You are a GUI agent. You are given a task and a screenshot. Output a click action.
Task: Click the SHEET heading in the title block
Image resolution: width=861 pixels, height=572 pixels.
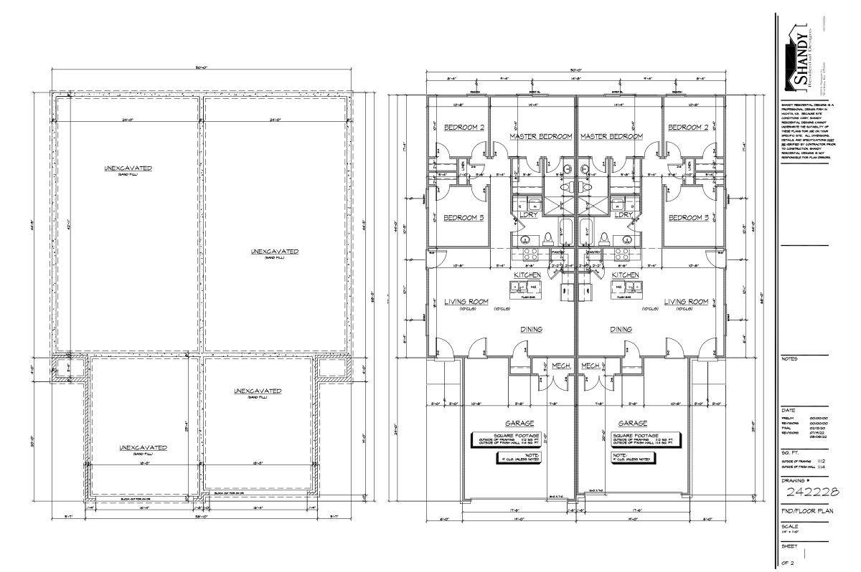pyautogui.click(x=789, y=546)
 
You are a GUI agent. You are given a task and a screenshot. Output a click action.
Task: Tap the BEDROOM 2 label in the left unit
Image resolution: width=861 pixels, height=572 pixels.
pyautogui.click(x=464, y=128)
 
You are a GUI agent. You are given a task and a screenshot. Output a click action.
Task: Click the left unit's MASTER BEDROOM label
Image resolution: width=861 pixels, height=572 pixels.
pyautogui.click(x=540, y=136)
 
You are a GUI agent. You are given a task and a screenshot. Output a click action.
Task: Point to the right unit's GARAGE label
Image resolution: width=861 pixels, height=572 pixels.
pyautogui.click(x=633, y=423)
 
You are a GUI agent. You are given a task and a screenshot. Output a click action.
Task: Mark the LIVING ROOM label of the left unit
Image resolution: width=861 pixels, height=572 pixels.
pyautogui.click(x=466, y=302)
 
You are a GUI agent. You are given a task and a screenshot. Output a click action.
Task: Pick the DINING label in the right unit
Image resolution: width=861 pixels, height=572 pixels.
pyautogui.click(x=621, y=330)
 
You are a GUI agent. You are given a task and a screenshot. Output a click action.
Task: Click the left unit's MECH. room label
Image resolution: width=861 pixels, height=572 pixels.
pyautogui.click(x=560, y=365)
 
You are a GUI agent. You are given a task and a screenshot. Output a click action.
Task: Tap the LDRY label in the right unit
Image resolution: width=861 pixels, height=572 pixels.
pyautogui.click(x=624, y=214)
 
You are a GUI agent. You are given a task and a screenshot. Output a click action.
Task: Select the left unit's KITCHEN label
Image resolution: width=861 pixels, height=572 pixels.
pyautogui.click(x=527, y=275)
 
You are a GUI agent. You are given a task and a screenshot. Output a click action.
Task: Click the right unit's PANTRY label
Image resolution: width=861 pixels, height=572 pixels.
pyautogui.click(x=593, y=252)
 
